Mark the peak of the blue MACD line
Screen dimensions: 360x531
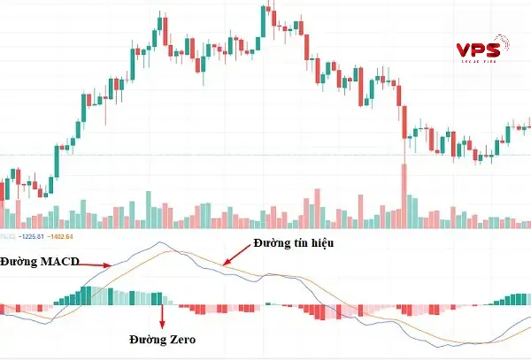160,242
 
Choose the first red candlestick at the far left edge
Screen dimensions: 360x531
3,190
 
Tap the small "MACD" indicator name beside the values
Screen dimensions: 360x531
8,236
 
